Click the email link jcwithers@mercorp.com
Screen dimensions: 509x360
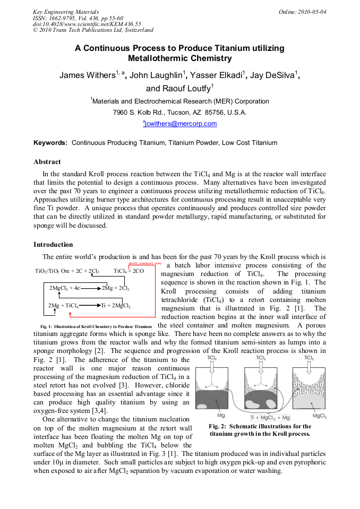click(180, 124)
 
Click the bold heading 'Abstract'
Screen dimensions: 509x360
click(47, 162)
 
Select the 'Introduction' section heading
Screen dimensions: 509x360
click(54, 245)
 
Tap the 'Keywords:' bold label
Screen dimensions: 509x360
click(51, 143)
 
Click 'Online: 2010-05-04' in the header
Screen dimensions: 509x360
click(303, 12)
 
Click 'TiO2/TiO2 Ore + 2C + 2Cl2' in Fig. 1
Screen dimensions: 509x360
click(67, 271)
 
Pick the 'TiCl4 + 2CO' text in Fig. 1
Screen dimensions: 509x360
click(128, 271)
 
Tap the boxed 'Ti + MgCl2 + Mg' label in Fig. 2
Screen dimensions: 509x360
click(270, 418)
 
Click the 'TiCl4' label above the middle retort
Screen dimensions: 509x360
click(261, 358)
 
